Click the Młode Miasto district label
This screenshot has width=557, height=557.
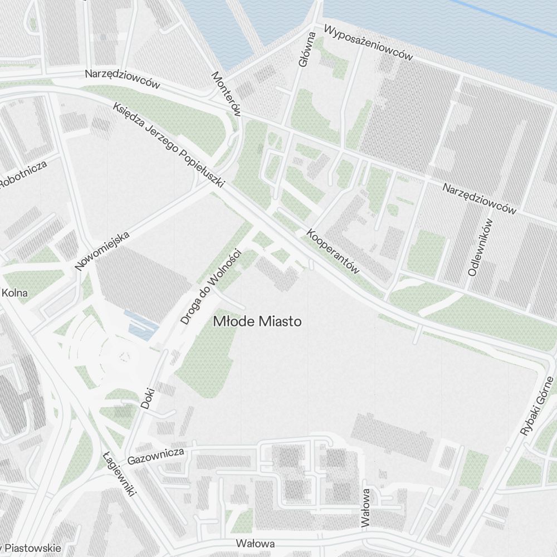(258, 321)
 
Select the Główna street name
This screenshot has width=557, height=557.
(307, 50)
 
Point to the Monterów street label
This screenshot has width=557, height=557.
(226, 94)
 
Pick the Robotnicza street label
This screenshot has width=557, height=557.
(23, 175)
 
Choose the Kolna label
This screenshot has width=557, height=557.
(15, 292)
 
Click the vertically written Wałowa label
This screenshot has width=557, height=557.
(365, 507)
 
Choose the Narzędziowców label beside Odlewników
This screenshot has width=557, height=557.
(480, 199)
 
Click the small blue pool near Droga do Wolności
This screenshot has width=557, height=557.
(140, 325)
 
